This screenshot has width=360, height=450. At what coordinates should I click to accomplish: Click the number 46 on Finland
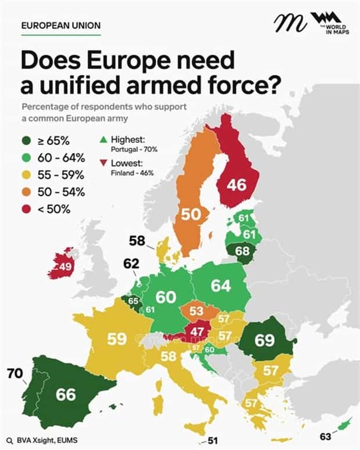tap(236, 185)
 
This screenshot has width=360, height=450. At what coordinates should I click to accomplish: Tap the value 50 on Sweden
tap(191, 214)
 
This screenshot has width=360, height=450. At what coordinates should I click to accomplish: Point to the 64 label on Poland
tap(221, 286)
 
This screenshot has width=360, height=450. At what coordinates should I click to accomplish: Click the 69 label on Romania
tap(264, 340)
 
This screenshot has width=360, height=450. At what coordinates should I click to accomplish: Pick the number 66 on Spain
tap(66, 394)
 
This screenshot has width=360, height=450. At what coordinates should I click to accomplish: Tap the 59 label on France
tap(117, 339)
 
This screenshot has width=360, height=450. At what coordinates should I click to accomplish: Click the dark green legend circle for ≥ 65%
tap(27, 141)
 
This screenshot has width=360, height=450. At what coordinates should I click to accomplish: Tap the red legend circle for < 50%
tap(27, 208)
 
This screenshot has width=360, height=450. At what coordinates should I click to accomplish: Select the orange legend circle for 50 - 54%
tap(27, 192)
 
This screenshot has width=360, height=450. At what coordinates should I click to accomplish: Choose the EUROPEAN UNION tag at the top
tap(60, 26)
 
